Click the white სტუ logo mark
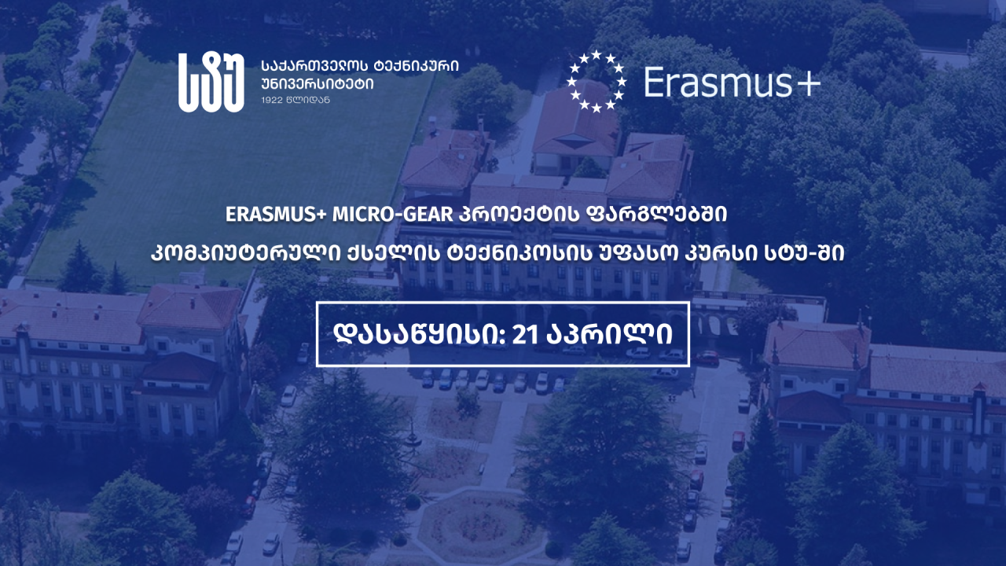[x=211, y=83]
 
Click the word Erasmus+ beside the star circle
[x=732, y=82]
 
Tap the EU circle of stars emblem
[x=596, y=81]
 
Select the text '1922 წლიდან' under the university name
[x=296, y=100]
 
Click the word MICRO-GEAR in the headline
[x=393, y=215]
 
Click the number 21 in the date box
[x=525, y=334]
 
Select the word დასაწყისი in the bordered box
[x=417, y=334]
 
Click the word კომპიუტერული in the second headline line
[x=246, y=254]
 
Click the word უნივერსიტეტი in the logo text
[x=317, y=83]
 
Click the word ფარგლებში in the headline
[x=656, y=215]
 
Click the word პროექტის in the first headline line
[x=520, y=215]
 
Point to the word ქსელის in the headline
[x=394, y=254]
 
